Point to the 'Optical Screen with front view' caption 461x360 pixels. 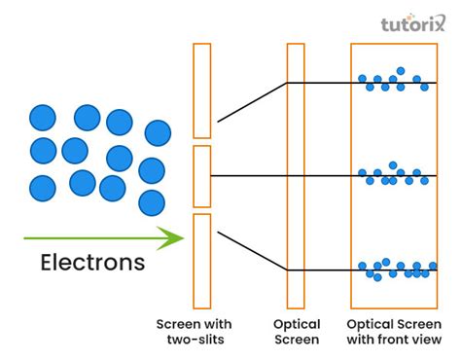tap(394, 331)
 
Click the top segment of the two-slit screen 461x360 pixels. tap(201, 90)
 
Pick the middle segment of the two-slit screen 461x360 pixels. tap(201, 176)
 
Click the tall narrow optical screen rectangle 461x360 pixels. tap(296, 175)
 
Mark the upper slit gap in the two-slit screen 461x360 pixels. tap(201, 142)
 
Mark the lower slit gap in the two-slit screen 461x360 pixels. tap(201, 210)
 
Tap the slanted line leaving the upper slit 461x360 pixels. tap(251, 102)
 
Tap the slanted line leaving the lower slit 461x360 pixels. tap(251, 250)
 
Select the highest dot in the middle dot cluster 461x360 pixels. tap(393, 165)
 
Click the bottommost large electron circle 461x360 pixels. tap(152, 202)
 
